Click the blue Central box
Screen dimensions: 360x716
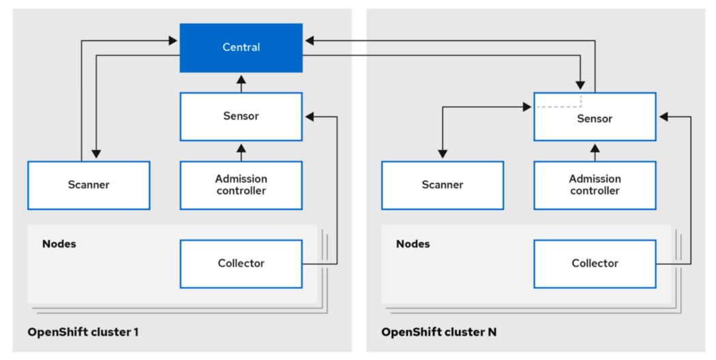(x=241, y=48)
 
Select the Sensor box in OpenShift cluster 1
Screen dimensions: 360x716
(x=241, y=117)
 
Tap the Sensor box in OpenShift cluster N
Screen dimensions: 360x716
(x=595, y=119)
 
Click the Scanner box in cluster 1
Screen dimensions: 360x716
(x=89, y=185)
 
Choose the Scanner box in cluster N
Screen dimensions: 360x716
(x=442, y=185)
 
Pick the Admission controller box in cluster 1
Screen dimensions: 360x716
(x=241, y=185)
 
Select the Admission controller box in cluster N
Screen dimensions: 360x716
(x=595, y=185)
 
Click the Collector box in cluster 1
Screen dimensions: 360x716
(x=241, y=263)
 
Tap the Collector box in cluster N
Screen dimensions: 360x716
(x=595, y=263)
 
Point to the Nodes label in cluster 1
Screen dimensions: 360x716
(x=59, y=243)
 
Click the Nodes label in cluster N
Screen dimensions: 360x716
(x=413, y=243)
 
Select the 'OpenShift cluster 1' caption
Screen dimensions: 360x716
(x=83, y=332)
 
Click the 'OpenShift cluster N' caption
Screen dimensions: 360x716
(x=438, y=332)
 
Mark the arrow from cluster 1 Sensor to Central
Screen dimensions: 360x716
(x=241, y=82)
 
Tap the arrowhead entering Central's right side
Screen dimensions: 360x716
(x=309, y=41)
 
